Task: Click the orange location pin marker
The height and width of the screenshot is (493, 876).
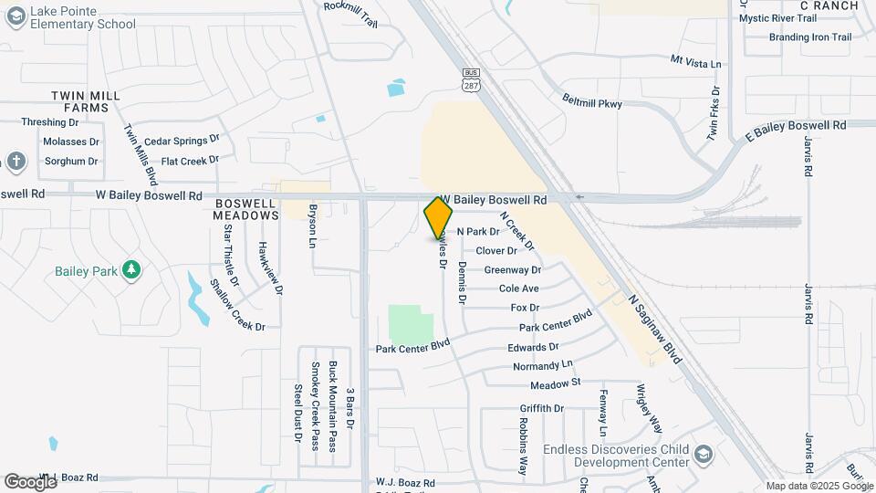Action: (439, 217)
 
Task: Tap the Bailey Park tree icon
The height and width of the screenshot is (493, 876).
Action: (132, 269)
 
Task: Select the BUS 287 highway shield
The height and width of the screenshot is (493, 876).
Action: (471, 79)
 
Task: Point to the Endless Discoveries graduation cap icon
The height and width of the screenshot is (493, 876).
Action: (704, 454)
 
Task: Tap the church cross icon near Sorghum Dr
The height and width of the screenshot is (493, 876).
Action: (15, 162)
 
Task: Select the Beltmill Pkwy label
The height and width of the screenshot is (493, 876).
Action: (592, 103)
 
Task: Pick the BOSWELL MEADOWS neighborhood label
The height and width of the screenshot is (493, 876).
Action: (245, 209)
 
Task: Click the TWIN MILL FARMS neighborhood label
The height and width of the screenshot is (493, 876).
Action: (79, 101)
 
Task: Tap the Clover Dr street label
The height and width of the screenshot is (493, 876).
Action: (496, 251)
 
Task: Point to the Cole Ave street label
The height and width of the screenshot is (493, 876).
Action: (518, 288)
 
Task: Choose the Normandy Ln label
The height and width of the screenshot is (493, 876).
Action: (541, 366)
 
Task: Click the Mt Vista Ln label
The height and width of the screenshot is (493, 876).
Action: (695, 62)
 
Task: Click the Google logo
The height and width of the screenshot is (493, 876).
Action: (30, 481)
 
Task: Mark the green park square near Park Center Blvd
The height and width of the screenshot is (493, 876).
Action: (411, 324)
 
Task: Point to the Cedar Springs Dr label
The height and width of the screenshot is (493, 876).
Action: (182, 141)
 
